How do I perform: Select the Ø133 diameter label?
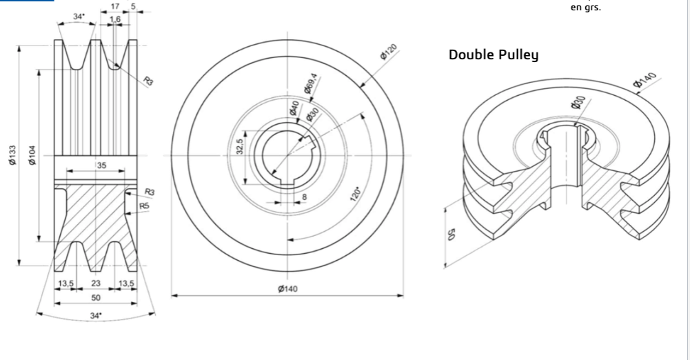tap(14, 156)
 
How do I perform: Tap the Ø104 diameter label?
tap(32, 156)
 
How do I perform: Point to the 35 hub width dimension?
tap(102, 166)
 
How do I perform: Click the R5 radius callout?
tap(144, 206)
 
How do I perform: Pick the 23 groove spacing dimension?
tap(96, 283)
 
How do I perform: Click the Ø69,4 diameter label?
tap(310, 87)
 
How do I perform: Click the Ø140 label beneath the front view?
tap(287, 288)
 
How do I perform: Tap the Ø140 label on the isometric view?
tap(647, 81)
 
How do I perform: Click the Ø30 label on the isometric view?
tap(578, 103)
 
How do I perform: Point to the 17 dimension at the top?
tap(115, 7)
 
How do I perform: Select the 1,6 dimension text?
tap(114, 19)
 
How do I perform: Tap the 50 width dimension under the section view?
tap(96, 297)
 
